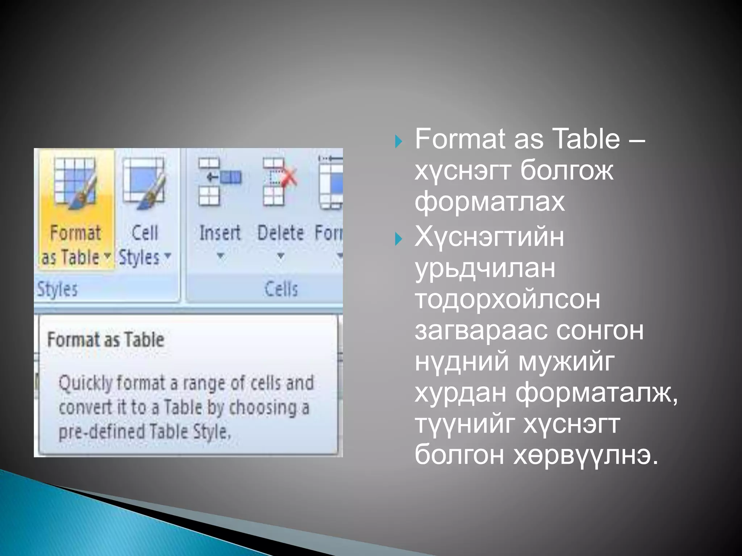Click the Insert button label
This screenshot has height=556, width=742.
[x=220, y=233]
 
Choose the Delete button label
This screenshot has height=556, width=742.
[x=280, y=233]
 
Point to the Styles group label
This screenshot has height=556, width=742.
[x=57, y=289]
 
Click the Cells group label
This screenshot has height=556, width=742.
[x=281, y=289]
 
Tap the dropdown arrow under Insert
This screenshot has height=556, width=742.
[x=220, y=256]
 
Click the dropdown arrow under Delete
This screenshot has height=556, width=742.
[x=280, y=256]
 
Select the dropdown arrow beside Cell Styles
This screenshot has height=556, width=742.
[x=167, y=255]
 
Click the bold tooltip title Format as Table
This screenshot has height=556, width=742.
[x=106, y=340]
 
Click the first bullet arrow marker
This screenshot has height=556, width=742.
[x=399, y=141]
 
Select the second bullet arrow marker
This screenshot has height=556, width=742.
[x=399, y=239]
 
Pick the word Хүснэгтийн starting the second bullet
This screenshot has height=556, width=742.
[x=489, y=237]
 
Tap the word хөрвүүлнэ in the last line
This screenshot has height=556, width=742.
[x=585, y=455]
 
